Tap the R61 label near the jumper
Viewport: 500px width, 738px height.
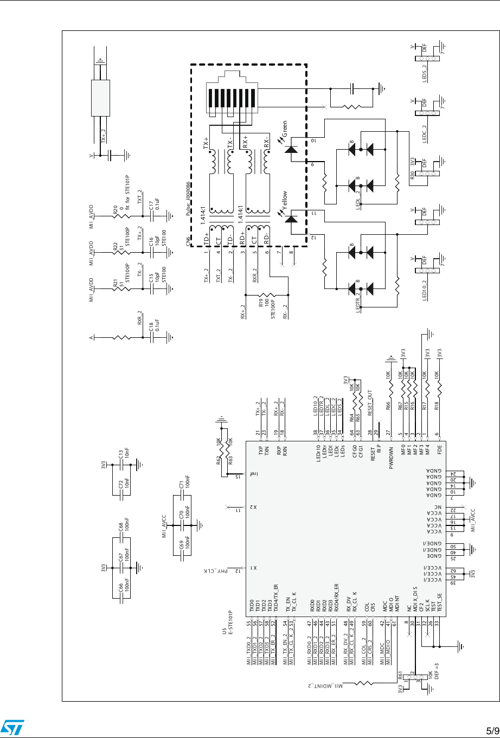pyautogui.click(x=400, y=676)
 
